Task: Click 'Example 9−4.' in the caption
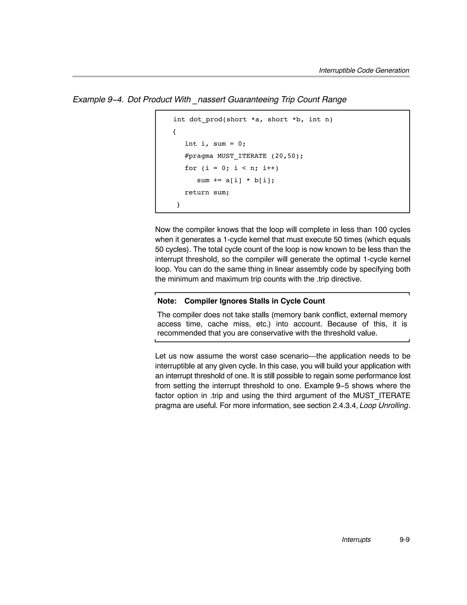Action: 98,100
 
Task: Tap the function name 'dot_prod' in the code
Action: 206,119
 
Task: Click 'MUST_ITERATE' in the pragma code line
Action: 242,156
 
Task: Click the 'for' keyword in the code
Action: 190,168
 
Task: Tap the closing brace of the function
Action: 178,205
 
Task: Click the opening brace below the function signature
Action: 174,132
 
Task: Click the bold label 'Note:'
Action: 167,301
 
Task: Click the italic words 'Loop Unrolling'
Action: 384,406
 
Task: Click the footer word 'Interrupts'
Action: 356,540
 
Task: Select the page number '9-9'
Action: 405,540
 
